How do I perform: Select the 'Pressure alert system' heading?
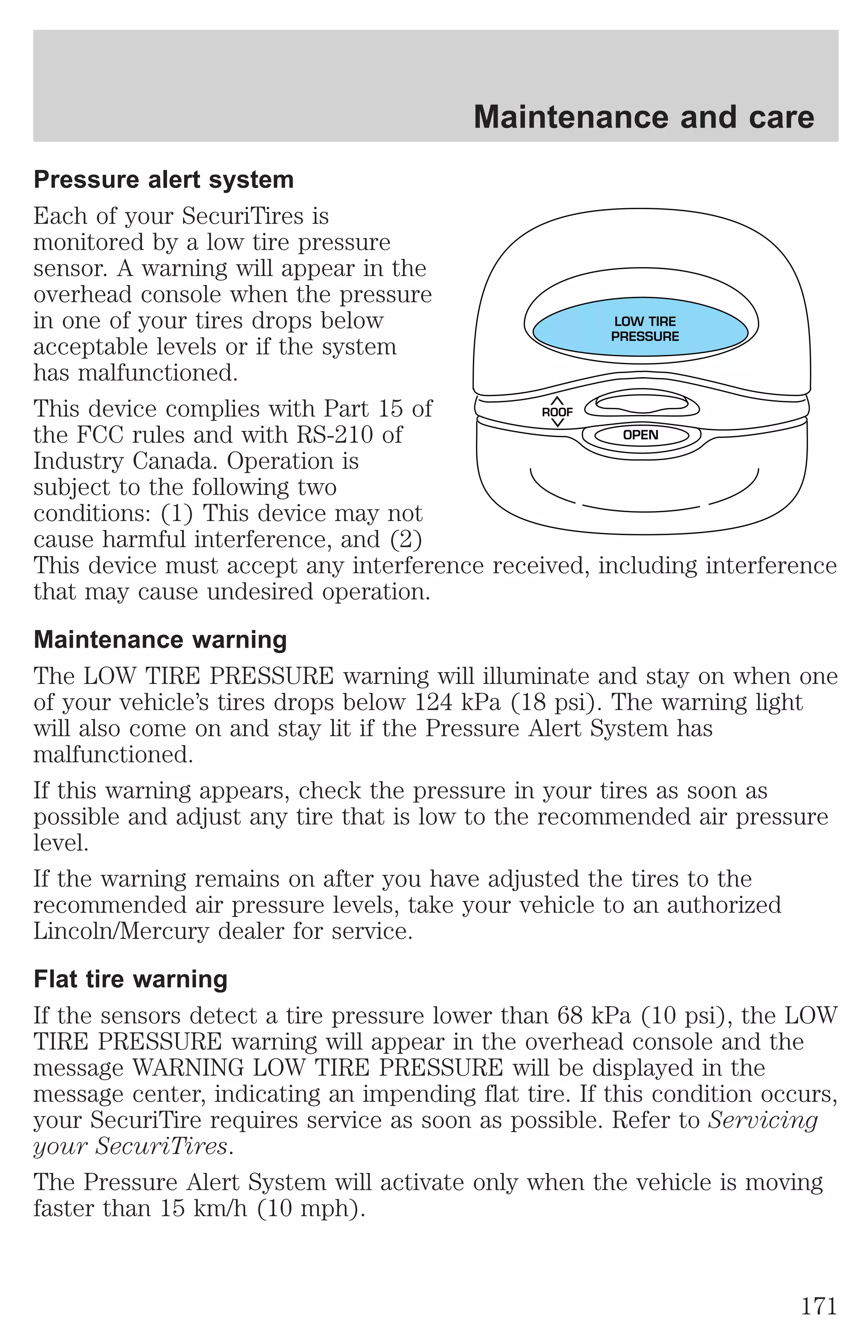click(163, 180)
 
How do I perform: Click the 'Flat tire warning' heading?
click(130, 979)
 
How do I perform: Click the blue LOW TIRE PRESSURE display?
click(641, 329)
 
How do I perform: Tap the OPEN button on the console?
click(641, 435)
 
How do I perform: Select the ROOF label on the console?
click(557, 412)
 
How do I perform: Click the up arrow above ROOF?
click(557, 400)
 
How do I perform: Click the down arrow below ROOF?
click(557, 423)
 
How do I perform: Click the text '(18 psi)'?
click(553, 702)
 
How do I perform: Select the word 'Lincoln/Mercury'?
click(121, 932)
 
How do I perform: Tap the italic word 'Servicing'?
click(763, 1120)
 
